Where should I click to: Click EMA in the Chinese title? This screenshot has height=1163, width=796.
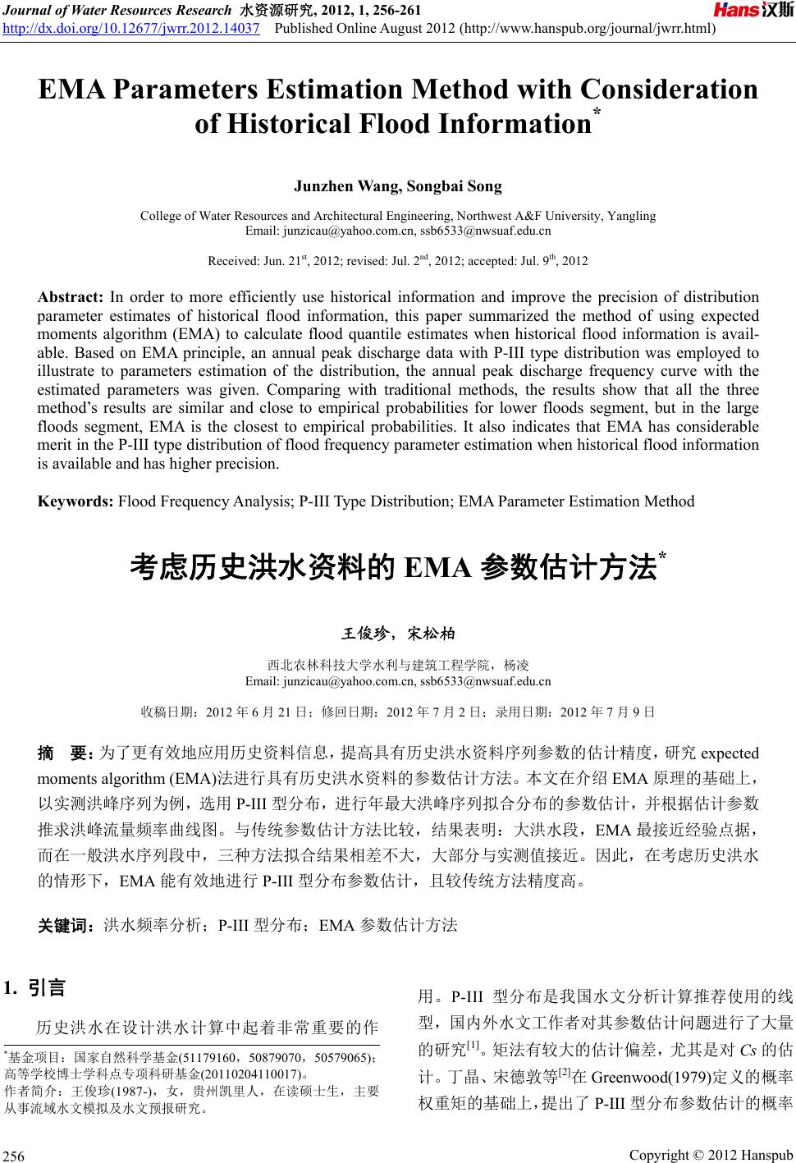[438, 567]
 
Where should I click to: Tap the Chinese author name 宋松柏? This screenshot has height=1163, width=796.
[432, 634]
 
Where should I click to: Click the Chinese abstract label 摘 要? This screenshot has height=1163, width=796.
[65, 753]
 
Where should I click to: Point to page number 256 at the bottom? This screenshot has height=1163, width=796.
[16, 1156]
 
